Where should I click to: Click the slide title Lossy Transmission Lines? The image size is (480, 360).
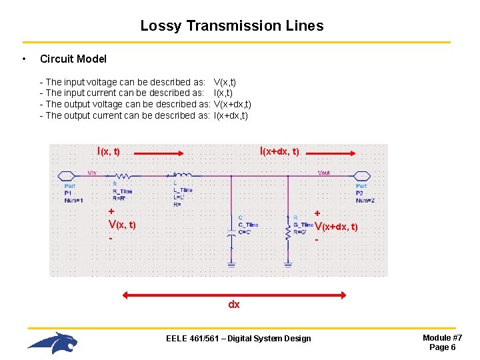click(x=231, y=26)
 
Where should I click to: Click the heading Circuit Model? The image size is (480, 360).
click(x=73, y=59)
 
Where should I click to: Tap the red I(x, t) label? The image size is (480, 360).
click(x=109, y=151)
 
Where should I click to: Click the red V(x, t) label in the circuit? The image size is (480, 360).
click(x=122, y=225)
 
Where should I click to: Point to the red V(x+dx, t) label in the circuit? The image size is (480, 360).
click(x=336, y=227)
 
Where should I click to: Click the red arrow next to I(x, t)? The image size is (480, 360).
click(x=160, y=152)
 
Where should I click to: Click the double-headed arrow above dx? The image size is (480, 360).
click(x=233, y=294)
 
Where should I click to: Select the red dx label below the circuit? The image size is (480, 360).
click(x=233, y=305)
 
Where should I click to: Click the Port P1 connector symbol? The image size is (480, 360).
click(x=67, y=177)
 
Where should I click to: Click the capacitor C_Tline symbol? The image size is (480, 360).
click(x=231, y=234)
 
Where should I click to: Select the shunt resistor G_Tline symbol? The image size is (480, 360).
click(x=287, y=233)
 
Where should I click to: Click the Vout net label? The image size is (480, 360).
click(x=323, y=173)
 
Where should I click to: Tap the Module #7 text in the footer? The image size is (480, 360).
click(x=442, y=338)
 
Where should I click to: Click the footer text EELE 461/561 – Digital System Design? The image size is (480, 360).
click(x=238, y=339)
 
